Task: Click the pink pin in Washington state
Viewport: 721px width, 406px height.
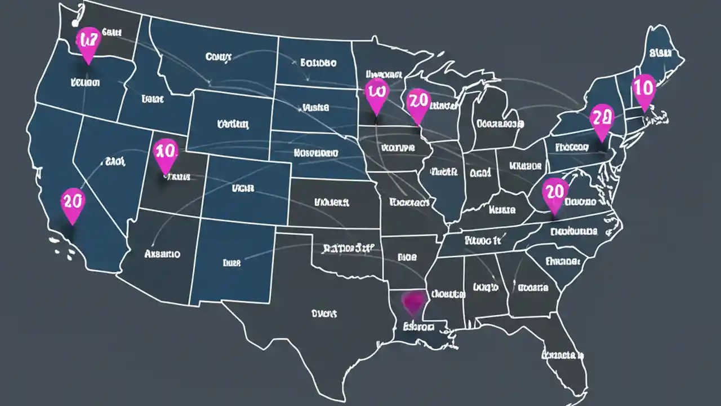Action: [88, 43]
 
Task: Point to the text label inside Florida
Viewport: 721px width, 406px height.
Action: [562, 355]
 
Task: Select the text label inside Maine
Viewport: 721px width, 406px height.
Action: [660, 54]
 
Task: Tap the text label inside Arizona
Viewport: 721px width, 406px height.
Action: [162, 254]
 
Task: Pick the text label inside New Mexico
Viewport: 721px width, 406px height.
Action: [232, 262]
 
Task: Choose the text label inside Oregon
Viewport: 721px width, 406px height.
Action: [86, 82]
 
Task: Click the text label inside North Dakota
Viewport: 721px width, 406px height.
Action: [318, 63]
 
